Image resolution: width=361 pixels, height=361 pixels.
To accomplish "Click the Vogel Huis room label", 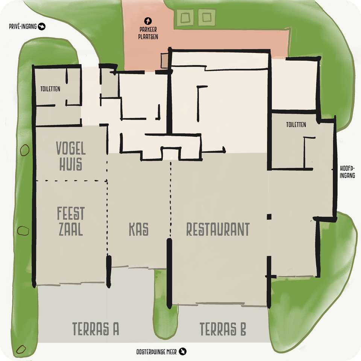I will (x=71, y=156).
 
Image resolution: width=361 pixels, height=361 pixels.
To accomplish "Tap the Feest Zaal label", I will (x=71, y=221).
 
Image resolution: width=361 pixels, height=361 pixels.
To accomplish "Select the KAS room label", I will (x=139, y=229).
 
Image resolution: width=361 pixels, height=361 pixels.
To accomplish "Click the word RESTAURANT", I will (x=218, y=229).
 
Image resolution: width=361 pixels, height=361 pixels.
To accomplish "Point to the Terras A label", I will (x=96, y=329).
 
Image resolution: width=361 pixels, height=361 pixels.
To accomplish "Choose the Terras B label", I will (x=223, y=329).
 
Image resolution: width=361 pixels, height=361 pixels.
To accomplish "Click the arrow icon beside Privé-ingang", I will (x=42, y=26).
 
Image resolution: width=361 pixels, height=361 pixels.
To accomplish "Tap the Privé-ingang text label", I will (x=23, y=26).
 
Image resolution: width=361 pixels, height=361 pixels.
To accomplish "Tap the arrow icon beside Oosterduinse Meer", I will (x=183, y=352).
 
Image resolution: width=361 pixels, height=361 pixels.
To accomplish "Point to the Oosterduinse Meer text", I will (x=156, y=352).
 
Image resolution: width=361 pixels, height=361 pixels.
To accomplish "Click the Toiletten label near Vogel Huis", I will (x=50, y=89).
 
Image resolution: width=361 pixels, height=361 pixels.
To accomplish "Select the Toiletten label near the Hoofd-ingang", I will (x=296, y=124).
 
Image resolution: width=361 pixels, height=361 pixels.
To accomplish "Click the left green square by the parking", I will (x=185, y=17).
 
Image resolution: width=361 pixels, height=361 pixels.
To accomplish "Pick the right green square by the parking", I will (x=206, y=17).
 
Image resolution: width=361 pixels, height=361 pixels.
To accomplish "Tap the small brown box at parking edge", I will (x=165, y=60).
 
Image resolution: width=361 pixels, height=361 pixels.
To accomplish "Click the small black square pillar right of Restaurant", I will (x=269, y=217).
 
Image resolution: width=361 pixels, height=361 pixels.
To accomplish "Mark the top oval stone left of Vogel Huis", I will (x=25, y=150).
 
